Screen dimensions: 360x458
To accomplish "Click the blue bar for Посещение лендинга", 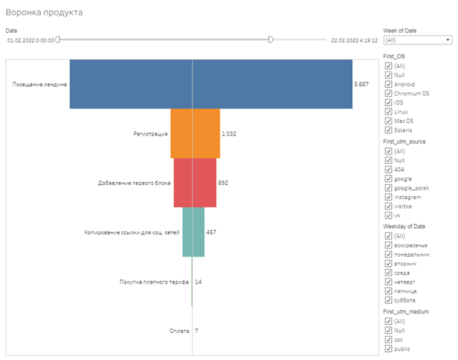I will click(x=211, y=84).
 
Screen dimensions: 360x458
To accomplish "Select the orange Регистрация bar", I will click(x=195, y=133).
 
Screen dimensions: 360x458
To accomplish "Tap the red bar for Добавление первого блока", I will click(x=195, y=182).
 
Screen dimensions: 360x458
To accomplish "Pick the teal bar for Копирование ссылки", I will click(x=193, y=232).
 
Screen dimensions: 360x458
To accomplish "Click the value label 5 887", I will click(x=362, y=85).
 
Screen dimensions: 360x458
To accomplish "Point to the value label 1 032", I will click(x=228, y=134).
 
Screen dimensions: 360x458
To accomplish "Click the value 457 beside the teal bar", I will click(x=211, y=232).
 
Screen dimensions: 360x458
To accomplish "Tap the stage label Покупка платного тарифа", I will click(x=154, y=281).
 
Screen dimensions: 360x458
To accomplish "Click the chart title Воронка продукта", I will click(x=44, y=13).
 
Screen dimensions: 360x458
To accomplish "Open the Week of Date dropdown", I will click(x=416, y=40).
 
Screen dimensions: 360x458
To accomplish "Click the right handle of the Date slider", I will click(x=271, y=40).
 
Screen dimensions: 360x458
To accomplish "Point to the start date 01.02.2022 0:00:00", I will click(x=31, y=41).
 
